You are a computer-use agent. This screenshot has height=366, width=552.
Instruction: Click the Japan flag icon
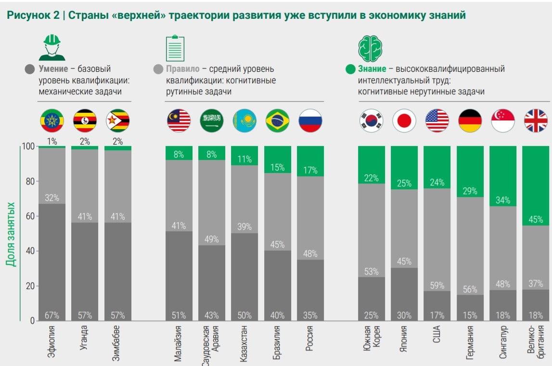coord(404,120)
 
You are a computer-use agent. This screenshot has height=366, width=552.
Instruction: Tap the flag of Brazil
coord(278,120)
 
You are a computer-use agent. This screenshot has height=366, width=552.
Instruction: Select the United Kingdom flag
coord(536,120)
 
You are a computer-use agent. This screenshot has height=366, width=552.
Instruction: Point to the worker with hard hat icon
coord(51,47)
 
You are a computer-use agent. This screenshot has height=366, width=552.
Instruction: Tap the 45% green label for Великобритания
coord(536,220)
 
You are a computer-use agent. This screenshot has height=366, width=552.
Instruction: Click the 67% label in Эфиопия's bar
coord(51,315)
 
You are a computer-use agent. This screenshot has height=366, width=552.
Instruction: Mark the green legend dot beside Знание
coord(350,69)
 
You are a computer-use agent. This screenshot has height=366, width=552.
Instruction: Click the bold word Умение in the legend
coord(53,69)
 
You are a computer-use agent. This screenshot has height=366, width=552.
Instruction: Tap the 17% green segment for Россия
coord(310,170)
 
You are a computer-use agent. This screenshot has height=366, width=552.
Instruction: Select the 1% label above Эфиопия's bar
coord(51,142)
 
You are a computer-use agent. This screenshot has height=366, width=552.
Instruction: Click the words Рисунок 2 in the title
coord(33,15)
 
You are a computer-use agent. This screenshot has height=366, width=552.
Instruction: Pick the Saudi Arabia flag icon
coord(212,120)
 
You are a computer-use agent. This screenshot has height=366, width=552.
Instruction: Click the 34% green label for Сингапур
coord(503,200)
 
